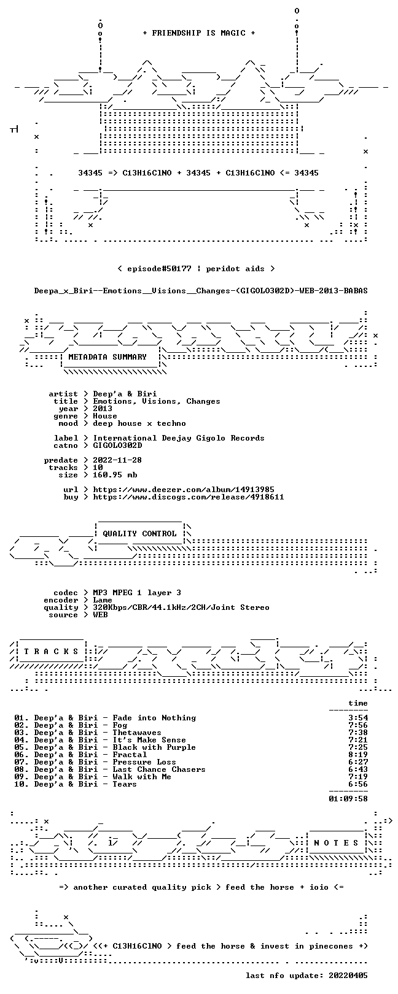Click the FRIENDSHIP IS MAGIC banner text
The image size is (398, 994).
[x=198, y=33]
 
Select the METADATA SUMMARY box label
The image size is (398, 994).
[x=107, y=356]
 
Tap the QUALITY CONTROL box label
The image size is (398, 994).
[x=139, y=533]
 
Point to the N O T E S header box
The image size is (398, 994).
[x=336, y=842]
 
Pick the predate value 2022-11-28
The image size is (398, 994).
[x=117, y=460]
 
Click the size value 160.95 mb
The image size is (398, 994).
[x=115, y=475]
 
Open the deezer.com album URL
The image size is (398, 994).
[x=184, y=490]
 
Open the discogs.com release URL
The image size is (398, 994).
[x=189, y=497]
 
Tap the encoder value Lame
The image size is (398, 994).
[x=103, y=600]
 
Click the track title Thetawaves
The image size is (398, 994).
[x=137, y=733]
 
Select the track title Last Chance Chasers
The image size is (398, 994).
[x=159, y=769]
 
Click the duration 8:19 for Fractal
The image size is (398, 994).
[x=358, y=754]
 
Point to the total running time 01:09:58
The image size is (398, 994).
[x=348, y=799]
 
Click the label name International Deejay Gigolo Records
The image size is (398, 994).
[x=179, y=438]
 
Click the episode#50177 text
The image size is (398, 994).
[x=159, y=269]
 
